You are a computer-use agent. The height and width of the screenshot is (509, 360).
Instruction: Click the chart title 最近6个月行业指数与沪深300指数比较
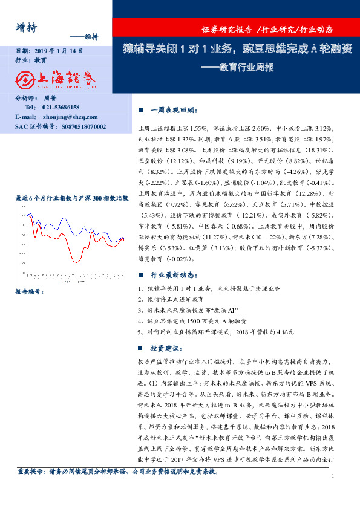click(71, 198)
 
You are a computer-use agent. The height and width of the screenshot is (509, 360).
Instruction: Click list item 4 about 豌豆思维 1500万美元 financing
click(194, 321)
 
